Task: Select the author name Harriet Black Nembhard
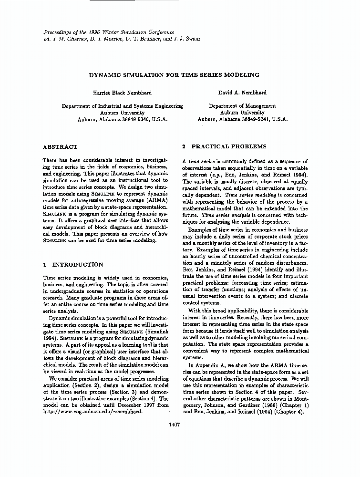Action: point(123,93)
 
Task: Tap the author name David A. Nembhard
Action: point(242,93)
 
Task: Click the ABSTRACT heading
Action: point(60,147)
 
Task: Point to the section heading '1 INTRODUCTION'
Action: point(73,264)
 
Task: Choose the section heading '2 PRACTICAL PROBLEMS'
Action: point(224,147)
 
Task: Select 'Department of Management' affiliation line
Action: point(242,106)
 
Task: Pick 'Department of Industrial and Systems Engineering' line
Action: point(123,106)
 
